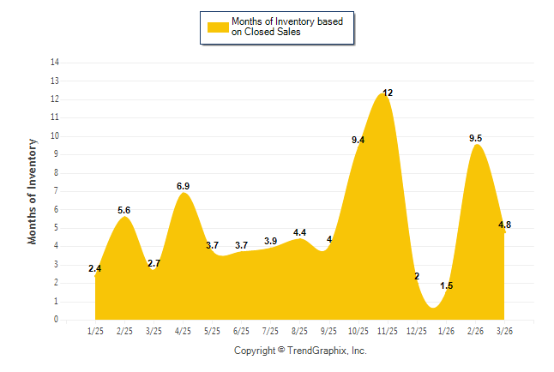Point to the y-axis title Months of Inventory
33,191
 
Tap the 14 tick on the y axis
55,63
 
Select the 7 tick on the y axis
57,191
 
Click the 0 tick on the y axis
57,320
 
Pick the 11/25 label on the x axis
388,331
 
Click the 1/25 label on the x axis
96,331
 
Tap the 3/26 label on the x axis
504,331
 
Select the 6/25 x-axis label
242,331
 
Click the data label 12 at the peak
388,93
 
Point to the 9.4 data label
358,140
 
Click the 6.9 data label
183,186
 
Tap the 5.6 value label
124,210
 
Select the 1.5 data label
446,285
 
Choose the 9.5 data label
475,138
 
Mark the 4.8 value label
504,225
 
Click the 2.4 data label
95,269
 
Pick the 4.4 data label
299,232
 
